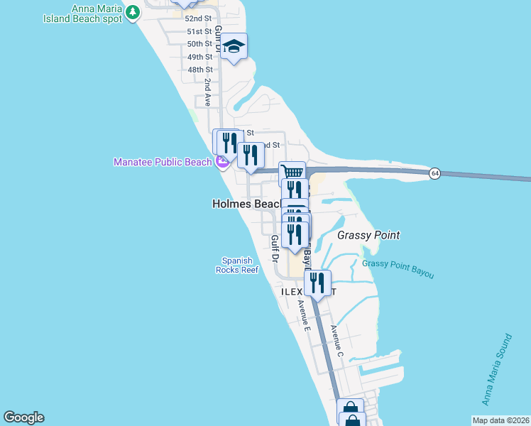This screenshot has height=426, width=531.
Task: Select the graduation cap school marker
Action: pyautogui.click(x=234, y=47)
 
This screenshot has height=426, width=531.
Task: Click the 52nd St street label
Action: pyautogui.click(x=199, y=18)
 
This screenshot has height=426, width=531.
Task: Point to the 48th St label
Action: pyautogui.click(x=200, y=70)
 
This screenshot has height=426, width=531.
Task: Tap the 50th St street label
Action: pyautogui.click(x=199, y=44)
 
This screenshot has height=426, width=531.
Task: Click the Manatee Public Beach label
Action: pyautogui.click(x=163, y=162)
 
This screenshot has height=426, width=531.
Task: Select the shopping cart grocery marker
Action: pyautogui.click(x=292, y=172)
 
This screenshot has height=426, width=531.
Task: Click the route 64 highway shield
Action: pyautogui.click(x=434, y=173)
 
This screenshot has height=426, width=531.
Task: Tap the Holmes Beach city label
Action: pyautogui.click(x=247, y=204)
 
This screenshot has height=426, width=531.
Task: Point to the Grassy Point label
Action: pyautogui.click(x=368, y=235)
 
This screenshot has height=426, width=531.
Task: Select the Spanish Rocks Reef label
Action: pyautogui.click(x=237, y=266)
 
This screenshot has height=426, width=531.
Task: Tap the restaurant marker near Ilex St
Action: pyautogui.click(x=317, y=283)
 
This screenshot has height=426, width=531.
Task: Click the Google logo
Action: pyautogui.click(x=23, y=417)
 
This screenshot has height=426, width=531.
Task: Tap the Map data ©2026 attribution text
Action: pyautogui.click(x=500, y=420)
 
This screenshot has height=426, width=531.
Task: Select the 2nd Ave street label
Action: pyautogui.click(x=207, y=92)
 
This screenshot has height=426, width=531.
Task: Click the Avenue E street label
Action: pyautogui.click(x=305, y=316)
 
